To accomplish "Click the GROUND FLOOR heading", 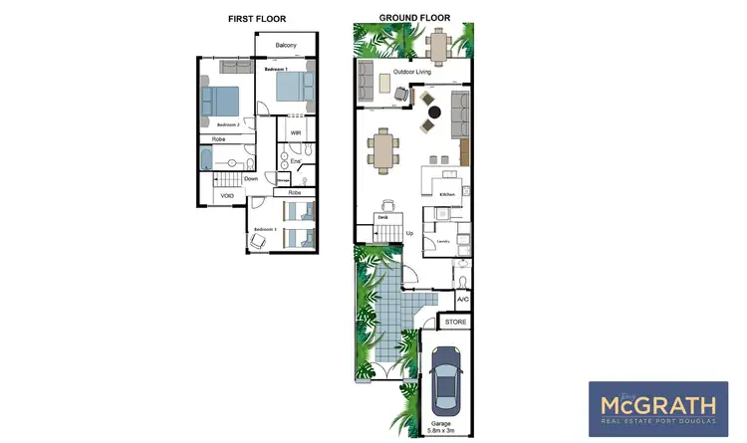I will (x=414, y=18).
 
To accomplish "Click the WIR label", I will (x=296, y=132).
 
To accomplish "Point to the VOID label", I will (x=228, y=196).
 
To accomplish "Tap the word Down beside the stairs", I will (x=251, y=179).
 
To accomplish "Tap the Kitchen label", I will (x=446, y=193).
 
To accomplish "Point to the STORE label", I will (x=455, y=323).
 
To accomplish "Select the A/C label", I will (x=463, y=299).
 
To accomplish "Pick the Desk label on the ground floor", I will (x=381, y=216).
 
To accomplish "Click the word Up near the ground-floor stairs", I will (x=409, y=234).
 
